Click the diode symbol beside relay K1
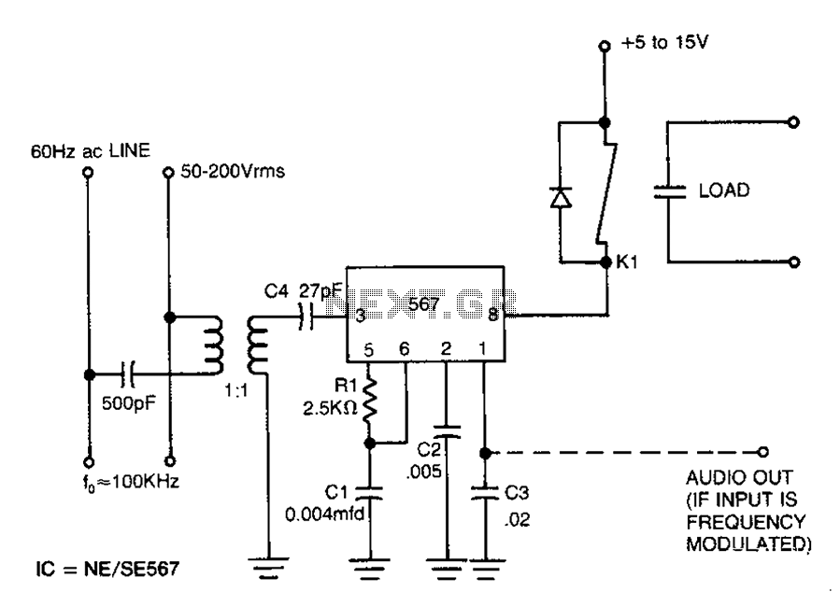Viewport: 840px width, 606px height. coord(561,198)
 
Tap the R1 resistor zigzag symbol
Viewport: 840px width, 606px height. coord(370,400)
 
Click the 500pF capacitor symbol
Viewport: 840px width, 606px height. coord(128,373)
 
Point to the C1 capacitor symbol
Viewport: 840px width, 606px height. coord(370,493)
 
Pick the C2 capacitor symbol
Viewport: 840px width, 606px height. coord(447,431)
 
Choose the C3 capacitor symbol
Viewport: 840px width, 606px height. coord(485,493)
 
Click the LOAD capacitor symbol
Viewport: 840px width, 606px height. coord(669,191)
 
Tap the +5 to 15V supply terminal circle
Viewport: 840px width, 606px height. coord(605,46)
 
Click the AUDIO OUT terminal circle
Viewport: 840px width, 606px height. coord(762,452)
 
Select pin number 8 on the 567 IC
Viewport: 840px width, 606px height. coord(492,315)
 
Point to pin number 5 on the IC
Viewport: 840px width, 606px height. coord(368,350)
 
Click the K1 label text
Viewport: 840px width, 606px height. coord(627,261)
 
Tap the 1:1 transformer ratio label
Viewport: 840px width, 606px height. coord(235,391)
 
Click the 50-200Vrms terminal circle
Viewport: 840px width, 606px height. coord(168,173)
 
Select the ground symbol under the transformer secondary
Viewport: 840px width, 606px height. coord(268,568)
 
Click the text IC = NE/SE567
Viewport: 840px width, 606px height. coord(107,569)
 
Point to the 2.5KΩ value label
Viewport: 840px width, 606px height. coord(330,408)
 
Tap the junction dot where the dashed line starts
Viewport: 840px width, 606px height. coord(485,453)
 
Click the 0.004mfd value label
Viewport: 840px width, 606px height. coord(324,514)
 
